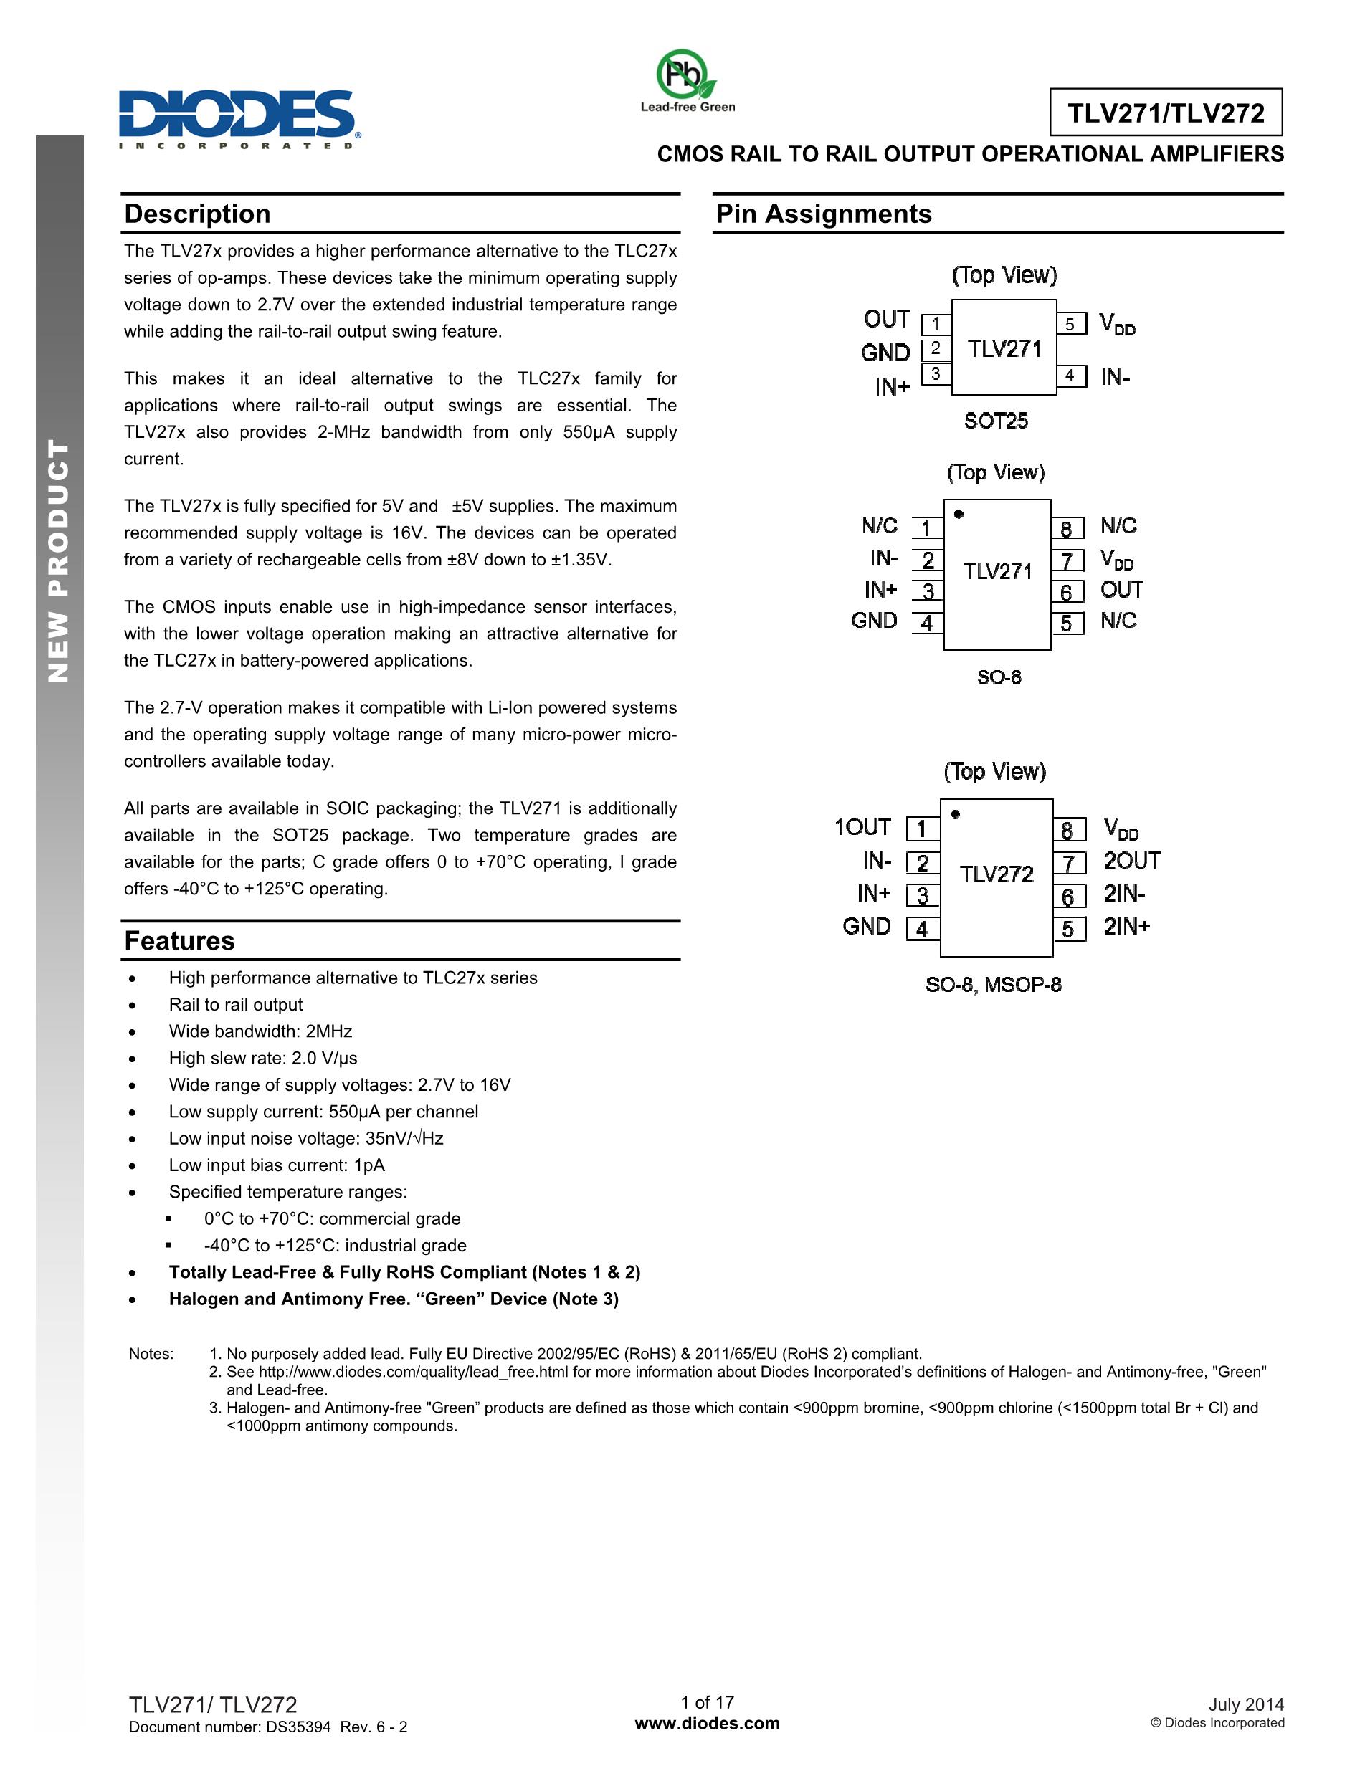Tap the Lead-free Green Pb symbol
tap(686, 75)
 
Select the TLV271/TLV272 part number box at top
tap(1165, 113)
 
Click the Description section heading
tap(197, 214)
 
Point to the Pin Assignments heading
tap(823, 214)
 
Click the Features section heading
tap(179, 941)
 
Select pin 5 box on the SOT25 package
tap(1070, 324)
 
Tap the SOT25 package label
tap(996, 421)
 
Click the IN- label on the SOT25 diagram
tap(1114, 377)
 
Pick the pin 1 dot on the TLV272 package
tap(956, 814)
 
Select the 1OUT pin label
tap(862, 827)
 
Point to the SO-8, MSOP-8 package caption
tap(993, 985)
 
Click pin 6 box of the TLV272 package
tap(1068, 897)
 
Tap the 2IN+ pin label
tap(1126, 927)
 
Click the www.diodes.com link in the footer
tap(708, 1723)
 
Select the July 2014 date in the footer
tap(1245, 1704)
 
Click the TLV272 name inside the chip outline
tap(997, 874)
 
